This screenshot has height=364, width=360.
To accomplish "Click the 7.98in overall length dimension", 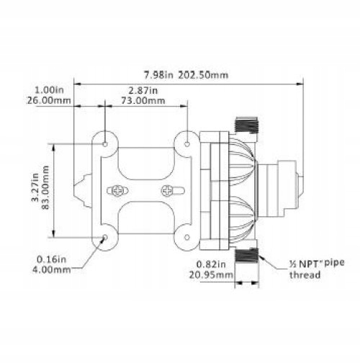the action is [x=158, y=75].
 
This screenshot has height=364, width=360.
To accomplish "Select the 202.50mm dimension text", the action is [x=203, y=75].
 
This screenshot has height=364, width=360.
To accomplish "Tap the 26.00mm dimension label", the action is [x=48, y=100].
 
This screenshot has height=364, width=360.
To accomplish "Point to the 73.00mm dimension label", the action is [x=143, y=100].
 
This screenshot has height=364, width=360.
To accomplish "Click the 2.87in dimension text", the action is [x=143, y=91].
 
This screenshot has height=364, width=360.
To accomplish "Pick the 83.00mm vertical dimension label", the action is [x=45, y=187].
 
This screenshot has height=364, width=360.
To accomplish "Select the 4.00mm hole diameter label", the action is [x=51, y=270].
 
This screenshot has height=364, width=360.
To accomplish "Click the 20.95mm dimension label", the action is [x=211, y=275].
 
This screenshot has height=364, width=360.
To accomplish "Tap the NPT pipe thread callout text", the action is [x=317, y=269].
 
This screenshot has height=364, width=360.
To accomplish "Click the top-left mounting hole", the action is [x=105, y=144].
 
